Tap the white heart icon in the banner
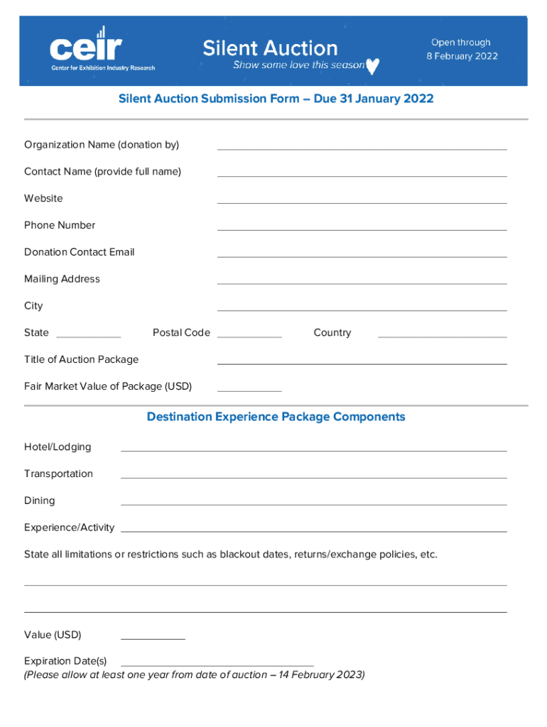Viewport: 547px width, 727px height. click(x=372, y=66)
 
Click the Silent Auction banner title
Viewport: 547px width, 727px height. click(x=270, y=48)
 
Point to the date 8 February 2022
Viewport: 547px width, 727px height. click(x=462, y=56)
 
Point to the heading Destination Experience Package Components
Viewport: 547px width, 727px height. click(x=276, y=417)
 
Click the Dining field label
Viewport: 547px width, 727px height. click(x=39, y=501)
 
